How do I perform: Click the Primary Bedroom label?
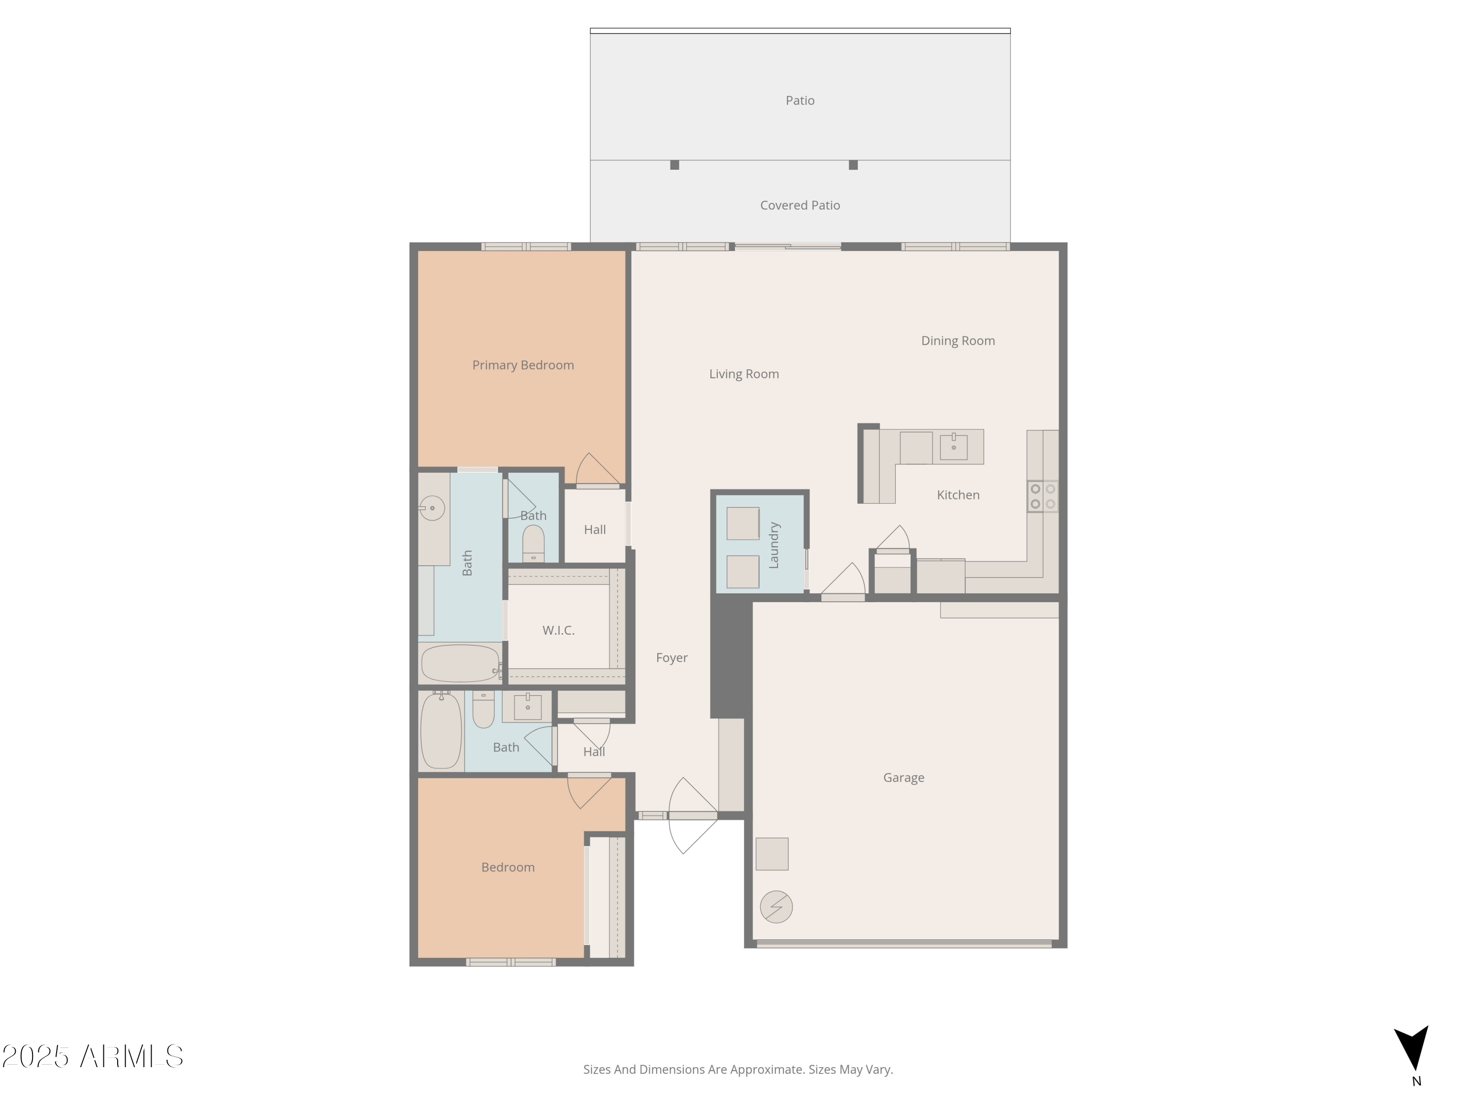pos(523,365)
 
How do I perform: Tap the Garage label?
pos(903,777)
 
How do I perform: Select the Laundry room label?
pos(774,545)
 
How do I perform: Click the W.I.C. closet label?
pos(558,630)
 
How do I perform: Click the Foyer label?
pos(672,657)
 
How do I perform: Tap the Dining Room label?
pos(958,340)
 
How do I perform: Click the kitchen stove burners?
pos(1042,496)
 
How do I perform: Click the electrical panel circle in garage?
pos(776,907)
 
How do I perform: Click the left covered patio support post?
pos(674,165)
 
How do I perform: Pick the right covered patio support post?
pos(853,165)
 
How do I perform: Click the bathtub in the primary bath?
pos(460,663)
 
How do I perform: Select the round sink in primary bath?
pos(432,508)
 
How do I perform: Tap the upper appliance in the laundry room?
pos(742,523)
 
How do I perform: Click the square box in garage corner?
pos(772,854)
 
